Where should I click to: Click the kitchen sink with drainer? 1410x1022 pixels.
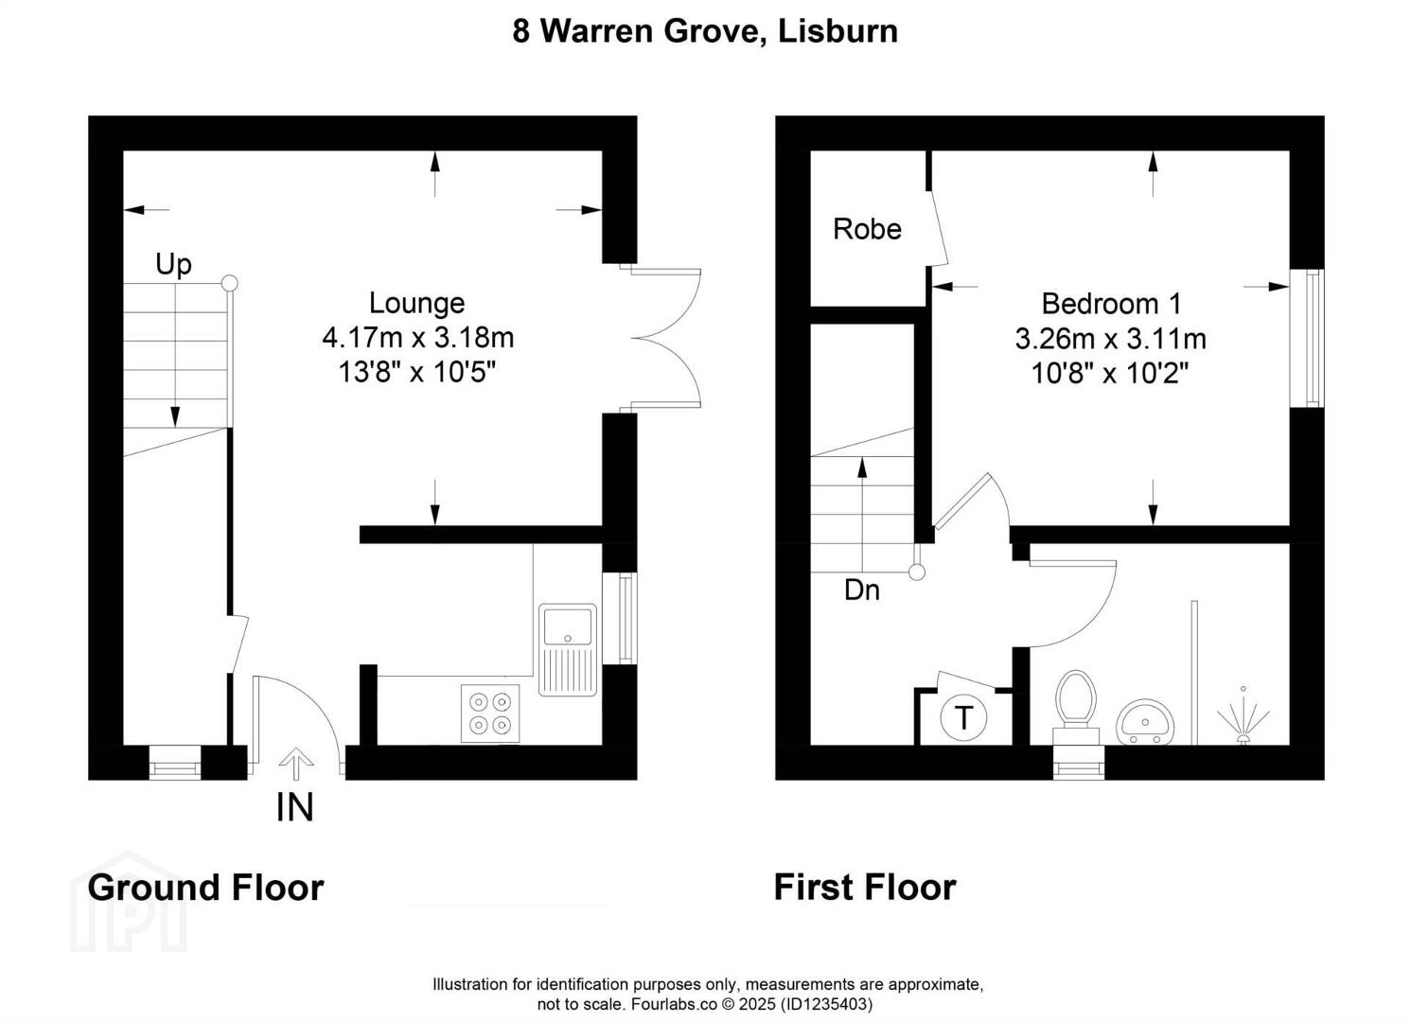(x=568, y=649)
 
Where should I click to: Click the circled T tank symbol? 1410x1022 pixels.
(x=963, y=718)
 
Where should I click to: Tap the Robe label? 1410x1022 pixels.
(x=867, y=229)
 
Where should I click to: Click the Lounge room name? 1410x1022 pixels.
(x=416, y=303)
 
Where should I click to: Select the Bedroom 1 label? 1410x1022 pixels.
(x=1111, y=304)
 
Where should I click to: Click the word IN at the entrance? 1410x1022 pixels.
(x=294, y=807)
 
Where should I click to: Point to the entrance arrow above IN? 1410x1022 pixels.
(x=296, y=763)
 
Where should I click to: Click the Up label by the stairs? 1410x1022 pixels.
(x=173, y=264)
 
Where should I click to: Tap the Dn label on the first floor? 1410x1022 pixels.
(x=861, y=590)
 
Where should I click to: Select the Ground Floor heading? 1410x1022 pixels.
(x=205, y=888)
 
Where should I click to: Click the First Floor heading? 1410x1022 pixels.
(x=864, y=888)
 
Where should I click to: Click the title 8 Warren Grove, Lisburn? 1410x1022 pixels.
(x=705, y=31)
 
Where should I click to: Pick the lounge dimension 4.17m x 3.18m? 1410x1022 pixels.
(x=417, y=337)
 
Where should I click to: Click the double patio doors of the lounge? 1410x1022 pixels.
(x=664, y=338)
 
